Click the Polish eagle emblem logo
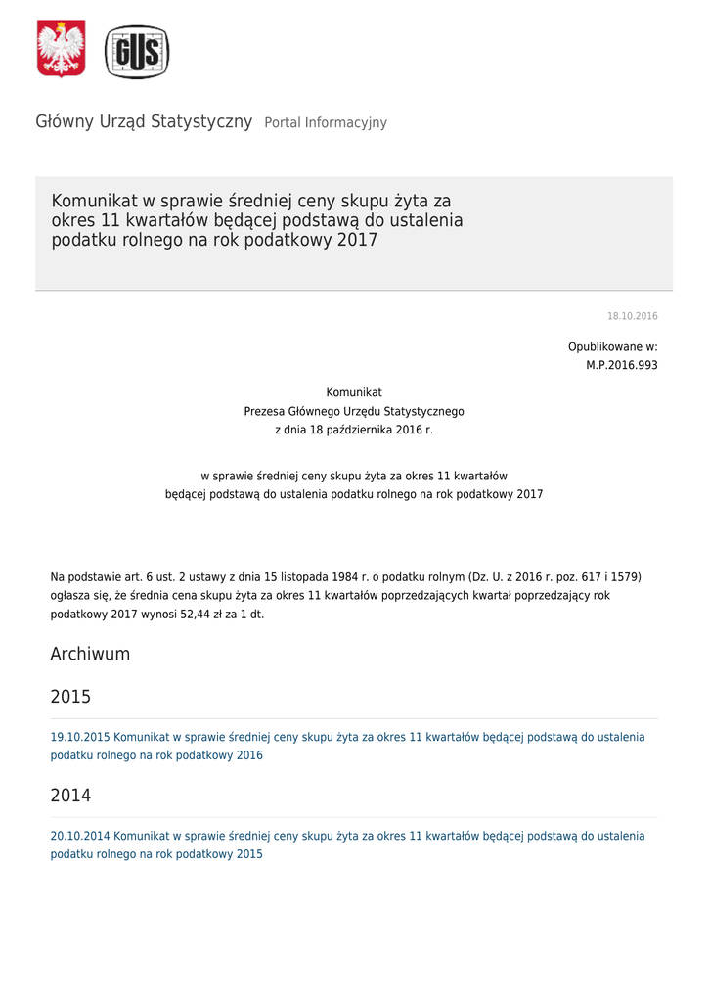click(61, 50)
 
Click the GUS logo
click(137, 52)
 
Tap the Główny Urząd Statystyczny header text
click(144, 122)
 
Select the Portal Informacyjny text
click(326, 123)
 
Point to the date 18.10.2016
click(632, 316)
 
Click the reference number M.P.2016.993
click(621, 365)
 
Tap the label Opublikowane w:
click(612, 347)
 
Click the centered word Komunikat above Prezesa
click(354, 392)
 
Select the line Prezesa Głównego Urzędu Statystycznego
click(354, 411)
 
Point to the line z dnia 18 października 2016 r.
click(354, 430)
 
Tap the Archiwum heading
click(90, 654)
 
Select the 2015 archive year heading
click(70, 697)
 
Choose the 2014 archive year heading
click(70, 796)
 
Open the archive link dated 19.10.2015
click(347, 737)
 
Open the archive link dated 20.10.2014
click(347, 836)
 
